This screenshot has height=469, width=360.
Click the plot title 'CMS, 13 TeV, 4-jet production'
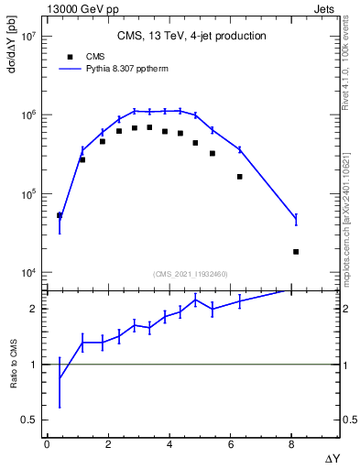coord(191,37)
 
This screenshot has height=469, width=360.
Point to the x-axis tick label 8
coord(291,444)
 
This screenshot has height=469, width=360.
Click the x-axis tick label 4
coord(169,444)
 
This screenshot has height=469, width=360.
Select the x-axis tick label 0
coord(47,444)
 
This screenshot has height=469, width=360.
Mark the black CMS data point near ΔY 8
coord(295,251)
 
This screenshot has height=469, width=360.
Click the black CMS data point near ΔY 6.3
coord(240,177)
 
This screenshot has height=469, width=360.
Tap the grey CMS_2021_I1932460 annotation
coord(191,273)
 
